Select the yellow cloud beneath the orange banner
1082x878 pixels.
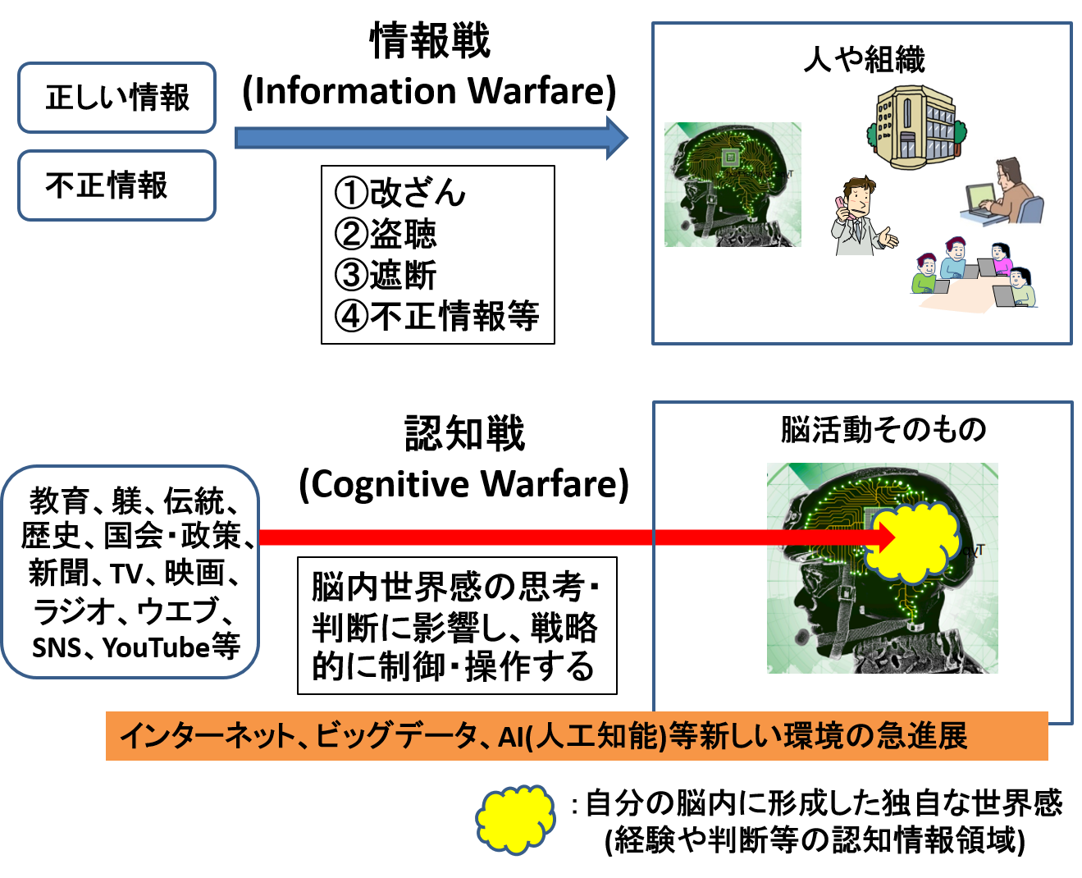pyautogui.click(x=515, y=819)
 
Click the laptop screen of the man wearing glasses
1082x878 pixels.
pyautogui.click(x=979, y=198)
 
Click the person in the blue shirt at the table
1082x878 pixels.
pyautogui.click(x=954, y=258)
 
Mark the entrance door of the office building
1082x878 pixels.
pyautogui.click(x=906, y=144)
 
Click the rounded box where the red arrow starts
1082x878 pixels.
pyautogui.click(x=130, y=572)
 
